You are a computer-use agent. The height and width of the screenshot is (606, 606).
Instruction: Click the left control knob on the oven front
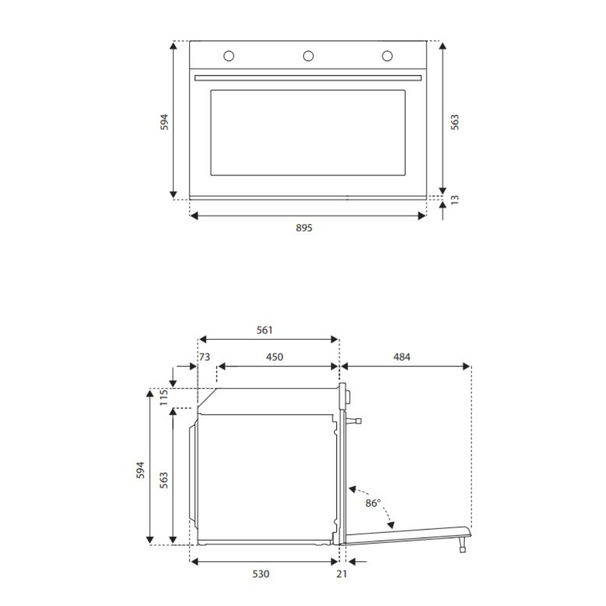click(x=229, y=56)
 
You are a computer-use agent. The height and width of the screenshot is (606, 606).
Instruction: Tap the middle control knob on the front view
click(x=308, y=56)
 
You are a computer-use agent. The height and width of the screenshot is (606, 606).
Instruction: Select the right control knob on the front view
click(x=387, y=56)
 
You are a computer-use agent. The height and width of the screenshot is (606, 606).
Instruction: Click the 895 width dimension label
click(x=304, y=228)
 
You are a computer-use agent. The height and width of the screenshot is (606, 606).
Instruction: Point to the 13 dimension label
click(x=454, y=200)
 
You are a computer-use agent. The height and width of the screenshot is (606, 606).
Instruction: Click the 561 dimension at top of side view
click(x=265, y=330)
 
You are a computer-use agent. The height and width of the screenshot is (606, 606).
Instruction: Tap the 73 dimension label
click(x=205, y=357)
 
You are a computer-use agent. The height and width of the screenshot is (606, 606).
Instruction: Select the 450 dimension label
click(x=275, y=357)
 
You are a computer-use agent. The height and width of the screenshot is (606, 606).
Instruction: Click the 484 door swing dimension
click(x=402, y=357)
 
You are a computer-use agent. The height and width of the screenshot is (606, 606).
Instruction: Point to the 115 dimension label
click(x=164, y=398)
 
